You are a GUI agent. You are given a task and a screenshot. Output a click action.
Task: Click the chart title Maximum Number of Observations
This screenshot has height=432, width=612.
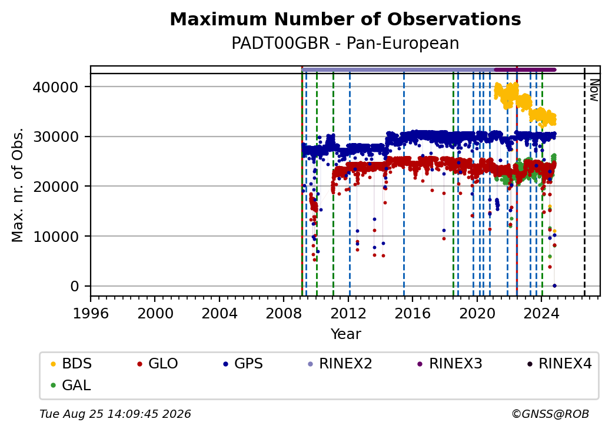pyautogui.click(x=345, y=19)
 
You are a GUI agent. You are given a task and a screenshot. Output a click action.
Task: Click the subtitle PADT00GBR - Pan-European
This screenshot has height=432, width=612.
pyautogui.click(x=345, y=44)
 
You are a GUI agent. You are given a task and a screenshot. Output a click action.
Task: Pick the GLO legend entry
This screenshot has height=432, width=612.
pyautogui.click(x=158, y=364)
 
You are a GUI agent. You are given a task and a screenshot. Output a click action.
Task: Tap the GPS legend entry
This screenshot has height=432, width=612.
pyautogui.click(x=243, y=364)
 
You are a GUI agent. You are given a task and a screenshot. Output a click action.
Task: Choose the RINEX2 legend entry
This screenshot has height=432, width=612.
pyautogui.click(x=340, y=364)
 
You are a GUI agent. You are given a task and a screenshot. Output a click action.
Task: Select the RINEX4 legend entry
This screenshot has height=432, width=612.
pyautogui.click(x=560, y=364)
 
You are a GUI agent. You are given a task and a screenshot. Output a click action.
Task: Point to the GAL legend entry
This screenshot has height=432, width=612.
pyautogui.click(x=71, y=385)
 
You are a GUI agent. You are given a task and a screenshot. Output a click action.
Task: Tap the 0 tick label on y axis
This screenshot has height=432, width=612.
pyautogui.click(x=75, y=287)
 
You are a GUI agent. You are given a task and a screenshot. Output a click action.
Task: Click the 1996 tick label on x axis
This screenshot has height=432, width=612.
pyautogui.click(x=91, y=313)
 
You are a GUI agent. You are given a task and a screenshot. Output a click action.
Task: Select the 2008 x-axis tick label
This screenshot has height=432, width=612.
pyautogui.click(x=284, y=313)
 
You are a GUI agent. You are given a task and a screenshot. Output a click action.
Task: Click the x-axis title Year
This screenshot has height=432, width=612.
pyautogui.click(x=346, y=334)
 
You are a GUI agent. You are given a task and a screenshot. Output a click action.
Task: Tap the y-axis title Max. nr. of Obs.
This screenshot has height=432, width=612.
pyautogui.click(x=18, y=185)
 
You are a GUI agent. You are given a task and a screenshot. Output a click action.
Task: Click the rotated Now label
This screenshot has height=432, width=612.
pyautogui.click(x=594, y=90)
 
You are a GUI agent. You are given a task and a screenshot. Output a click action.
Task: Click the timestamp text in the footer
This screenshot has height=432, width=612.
pyautogui.click(x=115, y=414)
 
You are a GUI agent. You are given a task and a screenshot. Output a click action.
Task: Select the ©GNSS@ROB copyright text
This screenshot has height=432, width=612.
pyautogui.click(x=550, y=414)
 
